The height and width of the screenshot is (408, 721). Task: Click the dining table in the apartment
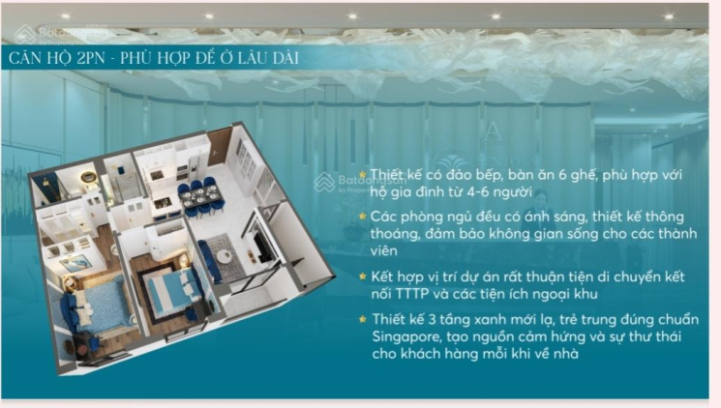coord(200,198)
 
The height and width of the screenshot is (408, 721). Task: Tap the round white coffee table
coord(225,256)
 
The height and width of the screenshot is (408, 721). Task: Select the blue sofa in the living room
coord(209,260)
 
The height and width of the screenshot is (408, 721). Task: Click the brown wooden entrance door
coord(219,147)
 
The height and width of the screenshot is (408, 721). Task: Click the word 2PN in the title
coord(91,58)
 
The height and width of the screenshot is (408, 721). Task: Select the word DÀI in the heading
coord(285,58)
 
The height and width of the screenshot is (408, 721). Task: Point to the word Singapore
coord(406,336)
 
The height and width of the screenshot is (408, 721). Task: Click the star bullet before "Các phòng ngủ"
coord(363,216)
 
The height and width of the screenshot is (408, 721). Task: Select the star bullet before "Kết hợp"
coord(363,277)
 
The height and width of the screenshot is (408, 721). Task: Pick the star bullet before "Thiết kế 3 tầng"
coord(363,318)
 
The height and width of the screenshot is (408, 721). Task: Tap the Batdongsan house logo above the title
coord(25,34)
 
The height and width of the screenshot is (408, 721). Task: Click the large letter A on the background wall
coord(494,131)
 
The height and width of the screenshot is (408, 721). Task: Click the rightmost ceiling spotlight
coord(669,17)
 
